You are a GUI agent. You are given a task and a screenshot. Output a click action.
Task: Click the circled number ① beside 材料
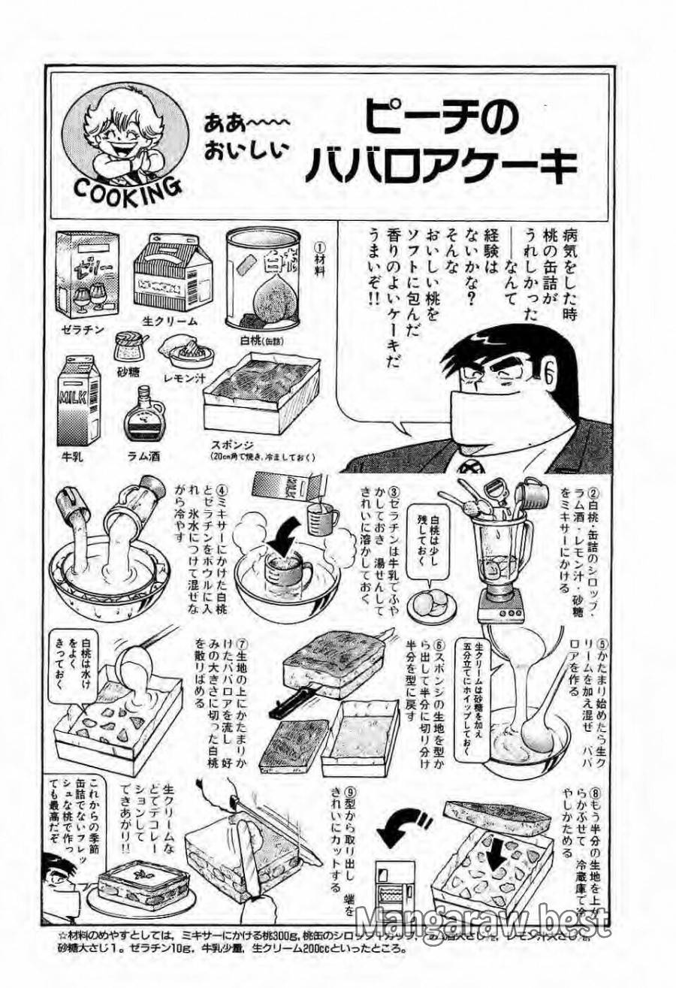318,246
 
